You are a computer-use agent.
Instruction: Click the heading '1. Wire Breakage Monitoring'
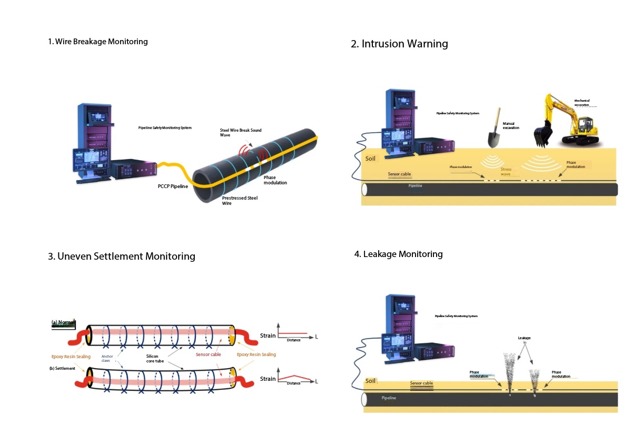click(x=98, y=42)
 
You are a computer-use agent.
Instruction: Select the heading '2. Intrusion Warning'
click(x=399, y=44)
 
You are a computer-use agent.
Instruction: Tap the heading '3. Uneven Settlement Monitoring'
click(x=122, y=257)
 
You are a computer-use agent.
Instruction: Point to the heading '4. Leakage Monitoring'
click(x=399, y=254)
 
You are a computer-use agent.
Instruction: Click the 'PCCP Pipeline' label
click(x=173, y=186)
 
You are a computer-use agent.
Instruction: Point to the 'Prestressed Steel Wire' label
click(x=240, y=201)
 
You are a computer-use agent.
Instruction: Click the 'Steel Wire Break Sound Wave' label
click(x=240, y=132)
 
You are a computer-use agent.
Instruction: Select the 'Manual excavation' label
click(x=511, y=126)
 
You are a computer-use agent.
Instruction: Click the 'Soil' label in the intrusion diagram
click(x=371, y=158)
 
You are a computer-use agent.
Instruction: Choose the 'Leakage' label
click(x=524, y=338)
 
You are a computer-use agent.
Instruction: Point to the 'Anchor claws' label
click(x=107, y=359)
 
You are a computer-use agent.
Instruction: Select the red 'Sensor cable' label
click(x=209, y=355)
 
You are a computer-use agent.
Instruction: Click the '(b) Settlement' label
click(x=63, y=368)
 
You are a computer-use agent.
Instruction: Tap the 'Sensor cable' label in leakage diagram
click(x=421, y=383)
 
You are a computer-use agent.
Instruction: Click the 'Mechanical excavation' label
click(x=582, y=103)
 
